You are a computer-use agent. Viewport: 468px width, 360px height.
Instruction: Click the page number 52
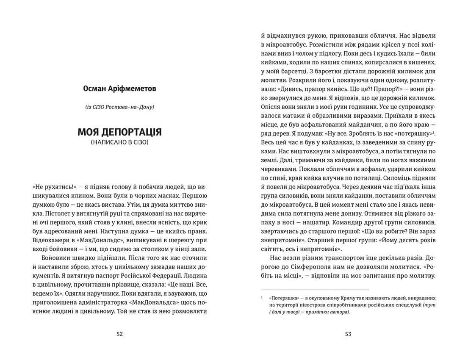[x=119, y=334]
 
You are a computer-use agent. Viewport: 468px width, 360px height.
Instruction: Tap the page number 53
[x=348, y=334]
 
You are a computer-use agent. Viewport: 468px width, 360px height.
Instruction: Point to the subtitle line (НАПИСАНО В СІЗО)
[x=119, y=143]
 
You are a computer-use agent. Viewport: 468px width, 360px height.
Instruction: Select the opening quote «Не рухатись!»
[x=51, y=187]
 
